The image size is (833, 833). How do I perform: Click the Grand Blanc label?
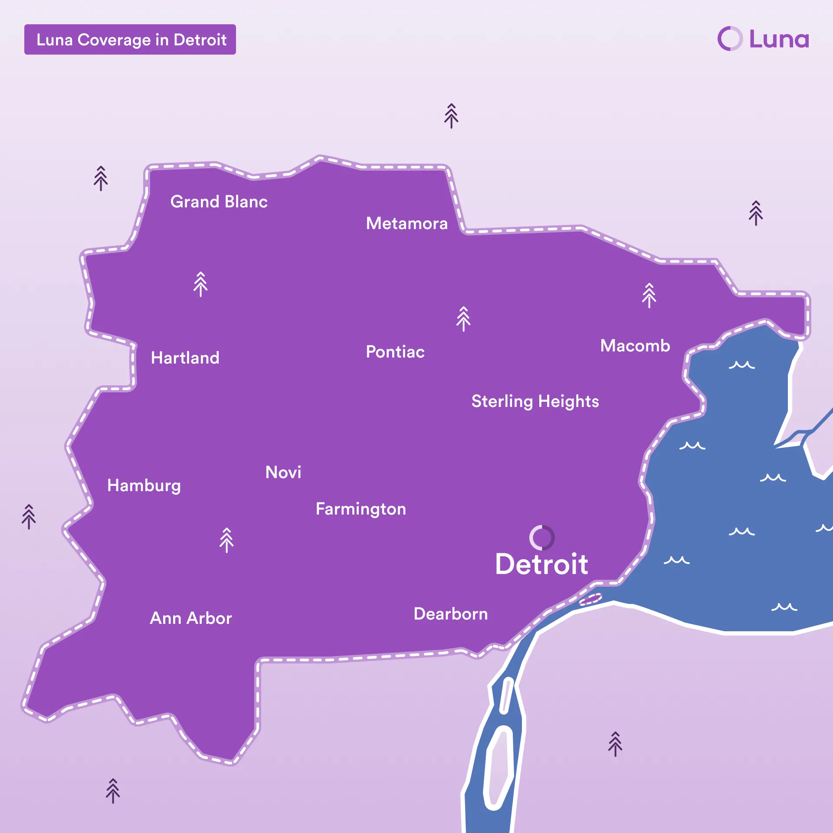[x=219, y=202]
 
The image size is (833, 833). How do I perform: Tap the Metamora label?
[x=407, y=223]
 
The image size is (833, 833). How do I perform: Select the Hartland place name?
[x=185, y=358]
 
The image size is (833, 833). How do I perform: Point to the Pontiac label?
[x=395, y=352]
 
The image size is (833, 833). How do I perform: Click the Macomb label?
[x=635, y=346]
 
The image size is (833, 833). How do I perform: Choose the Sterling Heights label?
[x=535, y=401]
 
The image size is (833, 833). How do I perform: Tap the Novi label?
[x=283, y=472]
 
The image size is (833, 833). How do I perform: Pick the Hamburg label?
[x=144, y=485]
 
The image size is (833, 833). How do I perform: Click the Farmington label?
[x=361, y=509]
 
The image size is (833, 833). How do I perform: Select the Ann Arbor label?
[x=191, y=618]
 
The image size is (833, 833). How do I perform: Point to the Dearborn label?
[x=450, y=614]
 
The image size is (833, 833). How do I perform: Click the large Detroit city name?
[x=541, y=564]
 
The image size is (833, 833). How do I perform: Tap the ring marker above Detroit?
[x=541, y=538]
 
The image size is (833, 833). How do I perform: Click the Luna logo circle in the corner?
[x=730, y=39]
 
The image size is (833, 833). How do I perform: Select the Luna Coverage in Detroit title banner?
[x=130, y=39]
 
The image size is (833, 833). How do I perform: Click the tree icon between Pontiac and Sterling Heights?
[x=463, y=319]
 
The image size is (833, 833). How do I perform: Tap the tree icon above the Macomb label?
[x=649, y=295]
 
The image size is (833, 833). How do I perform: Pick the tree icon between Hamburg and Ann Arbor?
[x=226, y=540]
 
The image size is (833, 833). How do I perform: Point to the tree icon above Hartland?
[x=200, y=284]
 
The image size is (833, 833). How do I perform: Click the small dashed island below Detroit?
[x=590, y=599]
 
